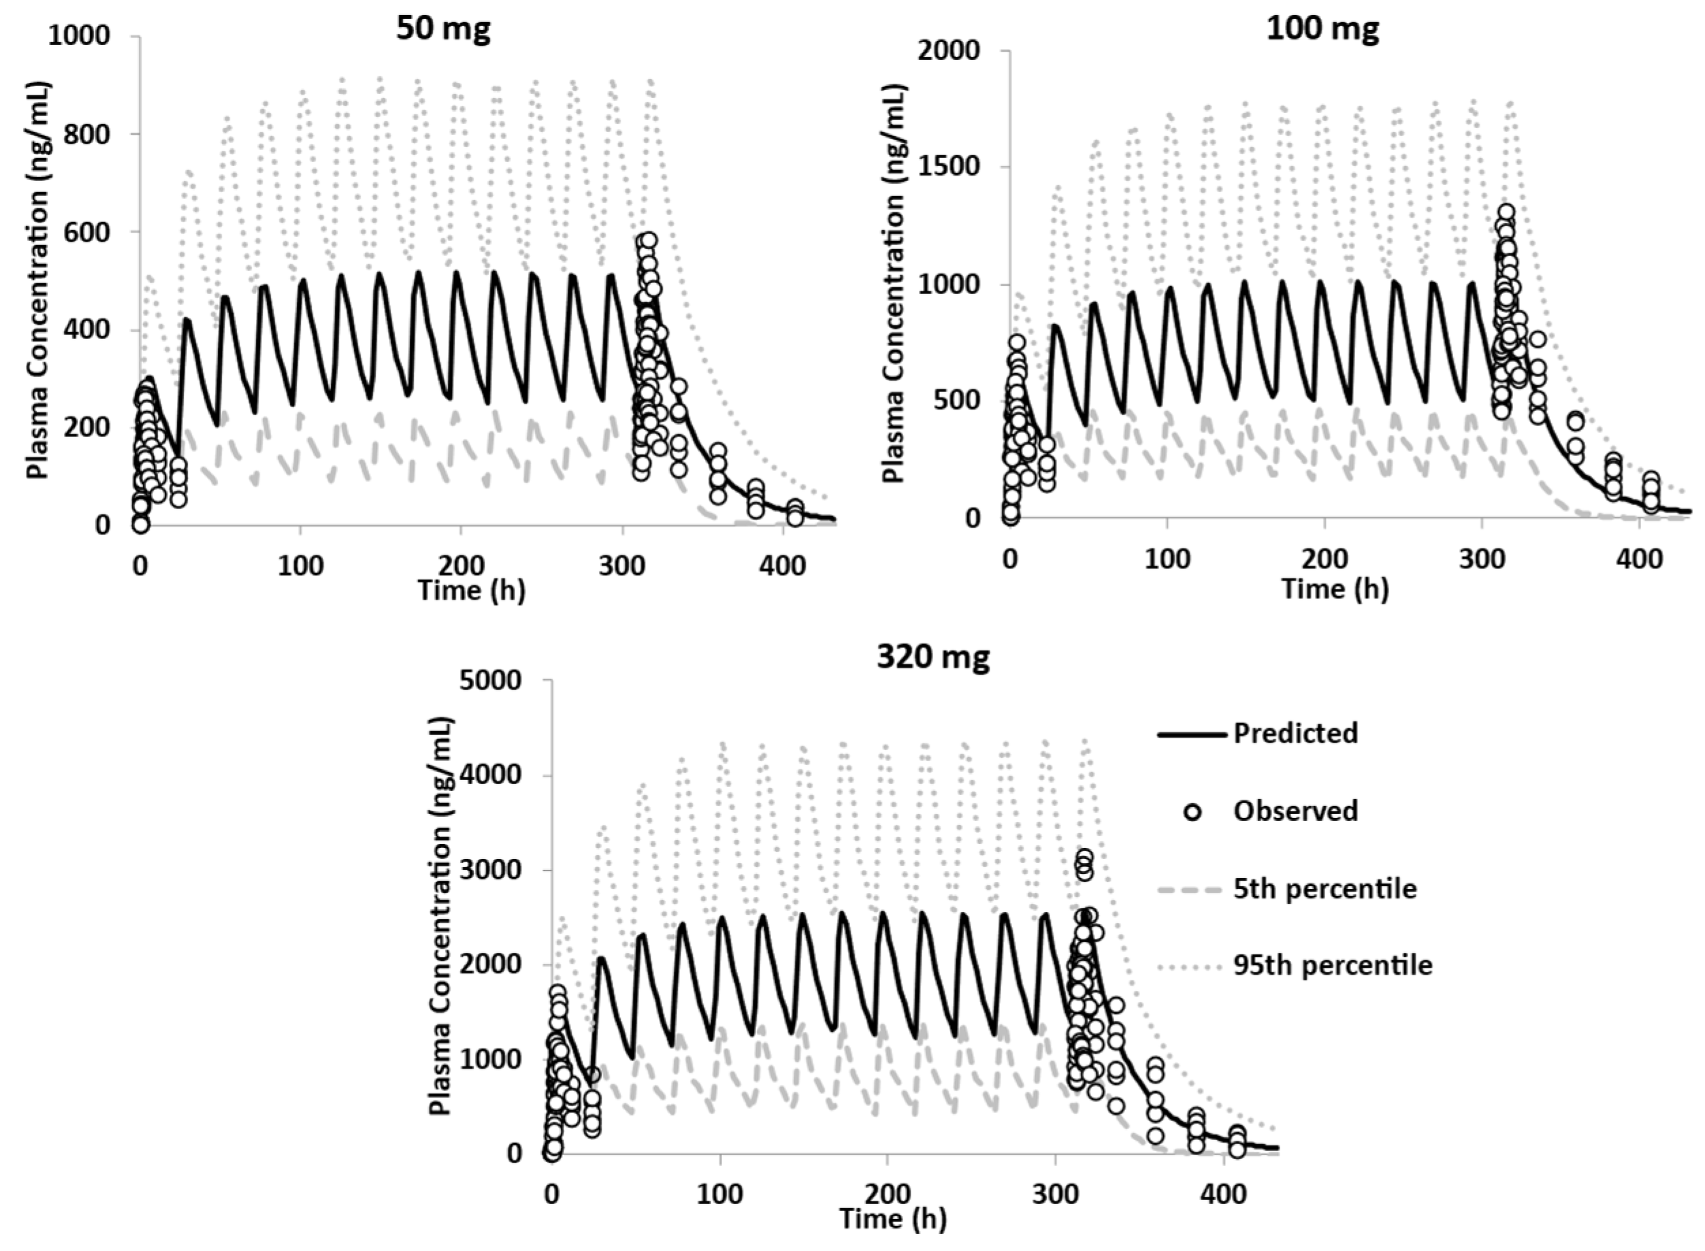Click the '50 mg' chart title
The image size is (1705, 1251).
(444, 29)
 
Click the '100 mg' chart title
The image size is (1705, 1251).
(1322, 29)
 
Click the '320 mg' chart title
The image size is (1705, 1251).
(932, 657)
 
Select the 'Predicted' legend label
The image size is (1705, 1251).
(1295, 733)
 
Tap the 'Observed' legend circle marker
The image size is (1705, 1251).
(1193, 812)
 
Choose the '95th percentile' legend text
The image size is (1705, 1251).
(1333, 966)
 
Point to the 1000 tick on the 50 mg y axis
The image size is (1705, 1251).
(79, 36)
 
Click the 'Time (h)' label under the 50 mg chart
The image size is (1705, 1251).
(472, 590)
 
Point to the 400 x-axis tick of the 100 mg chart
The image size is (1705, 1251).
(1639, 561)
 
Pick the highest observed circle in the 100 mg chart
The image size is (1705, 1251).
(1506, 212)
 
